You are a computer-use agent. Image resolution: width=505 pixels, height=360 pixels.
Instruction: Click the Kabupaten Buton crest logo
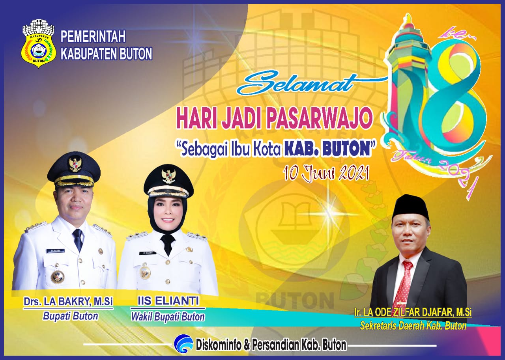39,43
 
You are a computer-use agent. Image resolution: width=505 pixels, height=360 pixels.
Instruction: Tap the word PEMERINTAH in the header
93,37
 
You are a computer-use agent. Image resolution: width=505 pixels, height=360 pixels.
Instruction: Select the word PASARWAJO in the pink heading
319,119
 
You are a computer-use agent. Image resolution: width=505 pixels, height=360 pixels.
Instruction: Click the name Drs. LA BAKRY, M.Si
68,302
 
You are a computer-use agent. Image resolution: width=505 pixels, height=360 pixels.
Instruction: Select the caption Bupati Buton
71,316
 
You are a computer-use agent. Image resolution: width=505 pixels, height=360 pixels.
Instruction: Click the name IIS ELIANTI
168,301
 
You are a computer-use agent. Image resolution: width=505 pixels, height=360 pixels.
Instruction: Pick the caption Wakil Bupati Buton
168,317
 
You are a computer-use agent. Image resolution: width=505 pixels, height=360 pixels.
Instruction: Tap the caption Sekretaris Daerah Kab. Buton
413,326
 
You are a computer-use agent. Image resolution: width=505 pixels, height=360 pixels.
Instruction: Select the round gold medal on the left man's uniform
58,276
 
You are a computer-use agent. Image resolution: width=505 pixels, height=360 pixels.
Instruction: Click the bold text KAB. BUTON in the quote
327,150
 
